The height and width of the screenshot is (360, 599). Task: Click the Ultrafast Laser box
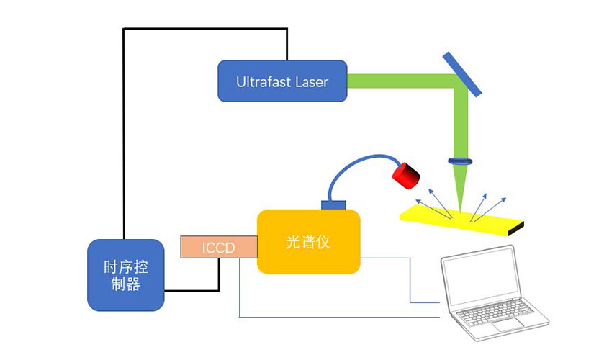pyautogui.click(x=282, y=81)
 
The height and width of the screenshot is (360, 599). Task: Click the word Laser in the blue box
pyautogui.click(x=312, y=81)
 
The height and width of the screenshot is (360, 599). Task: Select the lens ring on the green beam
pyautogui.click(x=459, y=161)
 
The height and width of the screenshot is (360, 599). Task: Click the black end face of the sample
pyautogui.click(x=518, y=230)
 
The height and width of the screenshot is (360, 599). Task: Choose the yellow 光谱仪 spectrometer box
pyautogui.click(x=308, y=242)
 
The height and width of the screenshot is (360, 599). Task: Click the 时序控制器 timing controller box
pyautogui.click(x=125, y=275)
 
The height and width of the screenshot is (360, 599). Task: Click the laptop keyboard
pyautogui.click(x=504, y=313)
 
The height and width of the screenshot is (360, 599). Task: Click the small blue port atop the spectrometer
pyautogui.click(x=333, y=205)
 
